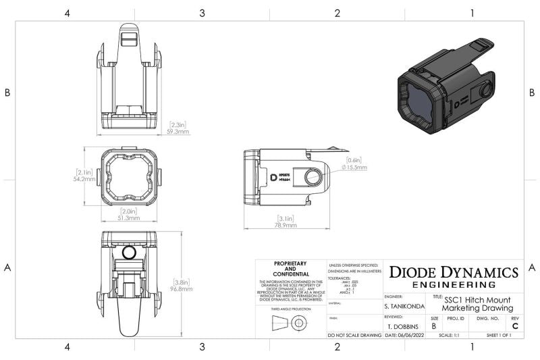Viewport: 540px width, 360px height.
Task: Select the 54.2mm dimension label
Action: (x=86, y=180)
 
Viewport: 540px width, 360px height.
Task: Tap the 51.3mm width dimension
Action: (x=128, y=218)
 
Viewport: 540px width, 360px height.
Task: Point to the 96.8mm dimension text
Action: (x=181, y=288)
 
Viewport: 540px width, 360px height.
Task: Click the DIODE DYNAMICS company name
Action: (x=454, y=272)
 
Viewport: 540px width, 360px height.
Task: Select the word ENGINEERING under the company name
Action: (x=454, y=285)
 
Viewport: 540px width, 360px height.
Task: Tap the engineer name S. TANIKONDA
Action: (x=404, y=307)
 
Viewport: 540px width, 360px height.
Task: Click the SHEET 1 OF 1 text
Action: (x=499, y=335)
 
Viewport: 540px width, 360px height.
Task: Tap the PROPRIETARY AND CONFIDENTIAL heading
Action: (x=290, y=268)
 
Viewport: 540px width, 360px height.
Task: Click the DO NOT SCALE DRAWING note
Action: (x=354, y=335)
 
